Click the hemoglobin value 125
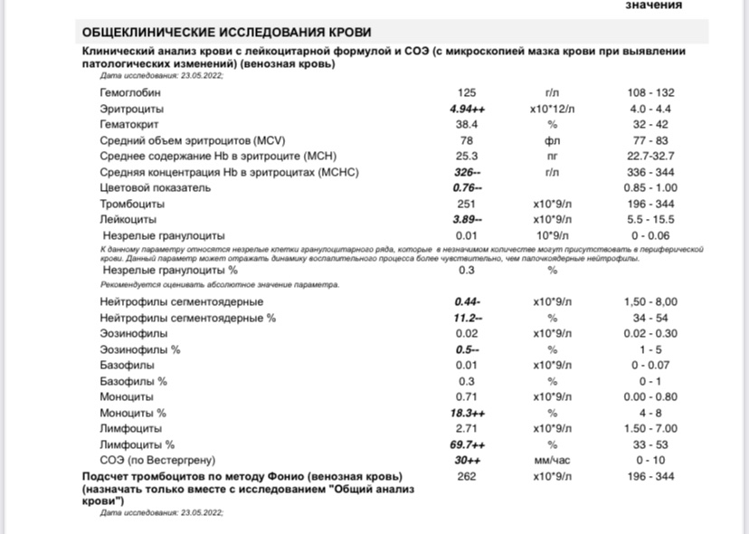(467, 93)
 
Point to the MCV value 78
(467, 140)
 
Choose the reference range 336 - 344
(650, 172)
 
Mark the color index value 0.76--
(467, 187)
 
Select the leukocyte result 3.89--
(467, 219)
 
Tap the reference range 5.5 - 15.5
(650, 219)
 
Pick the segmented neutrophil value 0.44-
(467, 301)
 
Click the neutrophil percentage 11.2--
(467, 318)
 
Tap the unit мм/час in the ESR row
(552, 460)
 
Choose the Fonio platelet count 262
(467, 476)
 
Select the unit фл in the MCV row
(552, 140)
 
